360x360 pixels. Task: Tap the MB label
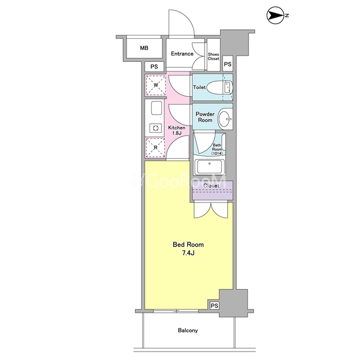coord(144,48)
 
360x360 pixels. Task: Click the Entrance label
coord(182,54)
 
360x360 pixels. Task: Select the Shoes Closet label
coord(214,56)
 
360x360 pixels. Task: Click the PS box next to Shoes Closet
coord(227,64)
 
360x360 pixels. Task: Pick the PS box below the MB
coord(154,66)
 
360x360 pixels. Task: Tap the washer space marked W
coord(156,85)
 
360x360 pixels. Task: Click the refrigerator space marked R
coord(155,147)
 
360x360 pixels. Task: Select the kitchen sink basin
coord(156,108)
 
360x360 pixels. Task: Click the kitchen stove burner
coord(156,128)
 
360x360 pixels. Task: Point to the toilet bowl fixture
coord(220,88)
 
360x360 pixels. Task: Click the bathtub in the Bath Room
coord(209,168)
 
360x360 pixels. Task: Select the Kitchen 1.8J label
coord(177,130)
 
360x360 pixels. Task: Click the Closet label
coord(211,186)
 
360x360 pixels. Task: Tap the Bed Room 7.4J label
coord(188,249)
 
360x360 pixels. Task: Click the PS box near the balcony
coord(214,305)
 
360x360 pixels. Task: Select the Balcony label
coord(188,330)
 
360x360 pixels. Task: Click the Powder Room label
coord(205,117)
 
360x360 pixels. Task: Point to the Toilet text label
coord(199,87)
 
